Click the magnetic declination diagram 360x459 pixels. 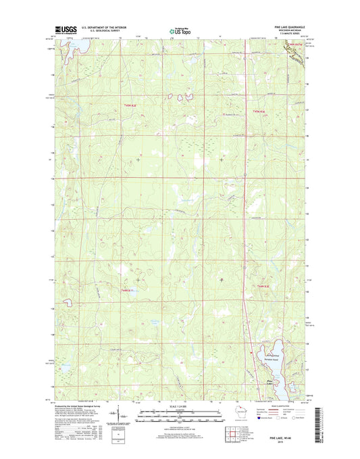point(119,417)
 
